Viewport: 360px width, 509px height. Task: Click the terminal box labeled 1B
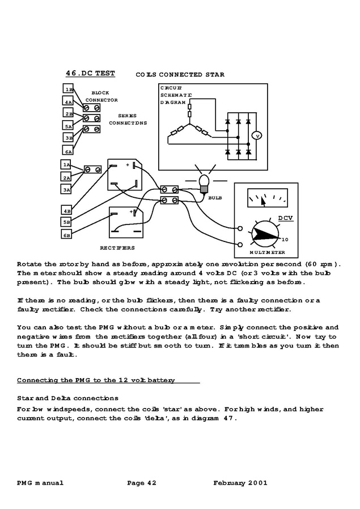pyautogui.click(x=68, y=90)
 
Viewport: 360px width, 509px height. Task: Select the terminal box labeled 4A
pyautogui.click(x=68, y=102)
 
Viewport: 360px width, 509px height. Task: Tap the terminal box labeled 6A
pyautogui.click(x=68, y=151)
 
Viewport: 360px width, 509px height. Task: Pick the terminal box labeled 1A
pyautogui.click(x=66, y=164)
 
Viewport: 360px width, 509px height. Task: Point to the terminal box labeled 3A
pyautogui.click(x=66, y=190)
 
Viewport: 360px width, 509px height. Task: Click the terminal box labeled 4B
pyautogui.click(x=66, y=210)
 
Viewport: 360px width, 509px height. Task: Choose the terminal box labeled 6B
pyautogui.click(x=66, y=235)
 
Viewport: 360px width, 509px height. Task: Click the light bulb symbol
pyautogui.click(x=204, y=181)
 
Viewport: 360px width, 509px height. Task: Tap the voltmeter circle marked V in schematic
pyautogui.click(x=256, y=135)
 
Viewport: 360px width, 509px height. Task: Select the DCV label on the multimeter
pyautogui.click(x=285, y=218)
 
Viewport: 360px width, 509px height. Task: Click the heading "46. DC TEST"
pyautogui.click(x=90, y=73)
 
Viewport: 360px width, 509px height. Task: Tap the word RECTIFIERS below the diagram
pyautogui.click(x=117, y=248)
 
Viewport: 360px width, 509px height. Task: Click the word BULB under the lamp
pyautogui.click(x=215, y=198)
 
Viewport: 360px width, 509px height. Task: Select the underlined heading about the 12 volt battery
pyautogui.click(x=96, y=380)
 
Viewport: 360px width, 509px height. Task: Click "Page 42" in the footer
pyautogui.click(x=142, y=483)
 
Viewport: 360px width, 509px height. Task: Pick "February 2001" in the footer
pyautogui.click(x=240, y=483)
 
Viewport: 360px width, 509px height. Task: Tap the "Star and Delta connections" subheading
pyautogui.click(x=67, y=398)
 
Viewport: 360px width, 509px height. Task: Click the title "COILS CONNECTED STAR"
pyautogui.click(x=180, y=74)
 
